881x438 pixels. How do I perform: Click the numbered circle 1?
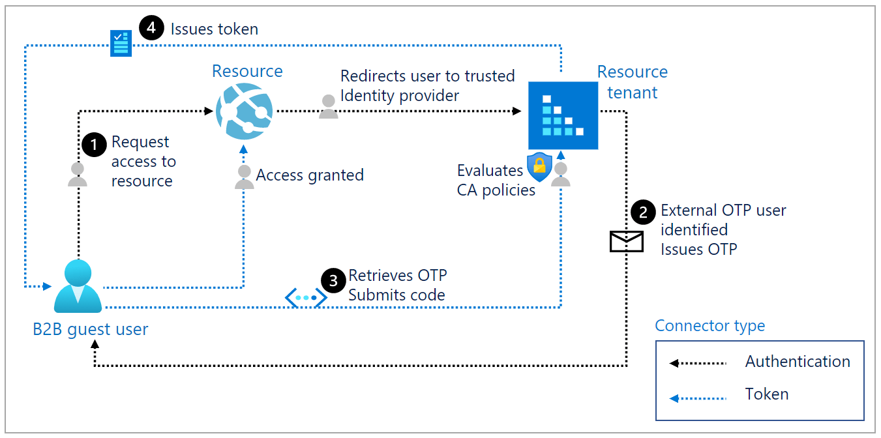[x=95, y=145]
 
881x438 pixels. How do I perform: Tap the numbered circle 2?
[x=644, y=212]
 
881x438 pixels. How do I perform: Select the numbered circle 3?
[x=334, y=281]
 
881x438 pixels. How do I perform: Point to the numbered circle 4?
[x=151, y=29]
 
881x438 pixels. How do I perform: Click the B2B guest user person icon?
[x=78, y=286]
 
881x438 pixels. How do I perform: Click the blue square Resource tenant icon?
[x=562, y=115]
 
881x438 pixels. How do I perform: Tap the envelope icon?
[x=626, y=241]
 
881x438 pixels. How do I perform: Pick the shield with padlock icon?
[x=539, y=167]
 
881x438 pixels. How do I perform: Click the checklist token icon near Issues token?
[x=121, y=44]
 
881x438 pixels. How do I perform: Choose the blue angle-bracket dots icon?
[x=306, y=298]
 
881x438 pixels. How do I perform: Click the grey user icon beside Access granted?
[x=245, y=177]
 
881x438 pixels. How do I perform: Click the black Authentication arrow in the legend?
[x=698, y=363]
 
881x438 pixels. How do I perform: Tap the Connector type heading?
[x=709, y=326]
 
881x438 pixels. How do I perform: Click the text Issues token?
[x=214, y=29]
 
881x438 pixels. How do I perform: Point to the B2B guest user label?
[x=91, y=330]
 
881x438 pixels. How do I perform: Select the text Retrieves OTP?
[x=397, y=275]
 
